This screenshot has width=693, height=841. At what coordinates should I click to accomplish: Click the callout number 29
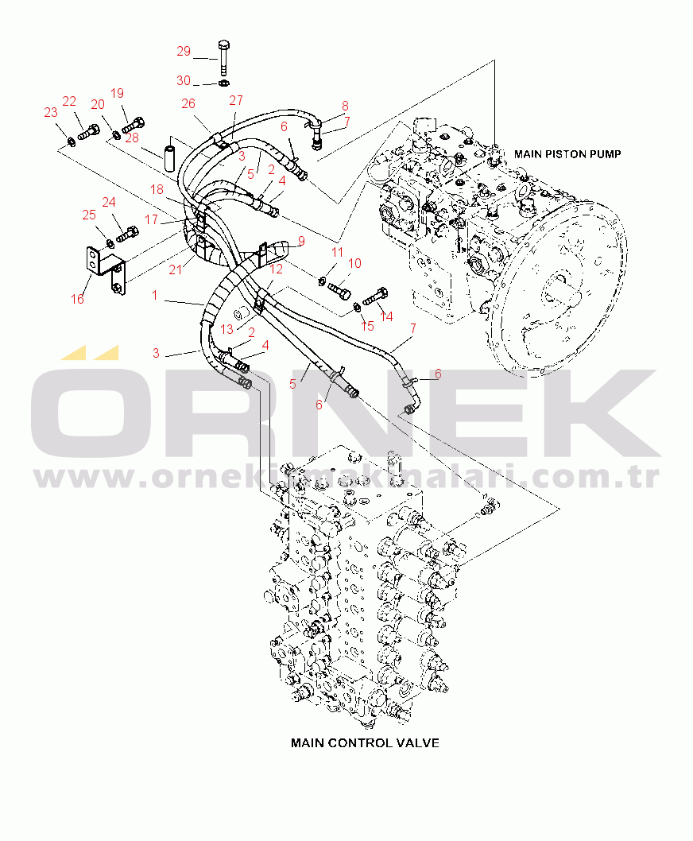pyautogui.click(x=184, y=51)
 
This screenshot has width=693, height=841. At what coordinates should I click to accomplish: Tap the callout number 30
pyautogui.click(x=184, y=80)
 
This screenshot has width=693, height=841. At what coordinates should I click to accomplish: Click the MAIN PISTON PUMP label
pyautogui.click(x=567, y=154)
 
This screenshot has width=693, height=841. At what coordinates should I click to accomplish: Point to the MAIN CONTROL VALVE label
pyautogui.click(x=365, y=743)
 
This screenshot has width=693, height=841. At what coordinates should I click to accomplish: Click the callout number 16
pyautogui.click(x=77, y=299)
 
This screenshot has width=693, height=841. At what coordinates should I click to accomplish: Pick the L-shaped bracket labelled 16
pyautogui.click(x=106, y=270)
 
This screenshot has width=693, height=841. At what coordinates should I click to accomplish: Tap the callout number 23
pyautogui.click(x=50, y=112)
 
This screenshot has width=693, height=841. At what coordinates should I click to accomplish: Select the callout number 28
pyautogui.click(x=131, y=138)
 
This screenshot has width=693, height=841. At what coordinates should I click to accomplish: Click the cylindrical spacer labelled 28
pyautogui.click(x=170, y=154)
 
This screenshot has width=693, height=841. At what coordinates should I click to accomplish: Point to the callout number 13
pyautogui.click(x=226, y=329)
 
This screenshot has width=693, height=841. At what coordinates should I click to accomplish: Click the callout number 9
pyautogui.click(x=301, y=242)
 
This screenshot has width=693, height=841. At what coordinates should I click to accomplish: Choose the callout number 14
pyautogui.click(x=386, y=316)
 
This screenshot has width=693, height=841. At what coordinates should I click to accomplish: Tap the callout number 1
pyautogui.click(x=154, y=295)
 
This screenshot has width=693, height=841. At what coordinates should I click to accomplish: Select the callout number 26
pyautogui.click(x=188, y=103)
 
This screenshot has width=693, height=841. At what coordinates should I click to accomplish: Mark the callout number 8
pyautogui.click(x=345, y=106)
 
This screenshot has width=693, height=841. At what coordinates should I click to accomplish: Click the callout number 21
pyautogui.click(x=176, y=269)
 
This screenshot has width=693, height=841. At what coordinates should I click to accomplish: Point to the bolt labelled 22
pyautogui.click(x=89, y=131)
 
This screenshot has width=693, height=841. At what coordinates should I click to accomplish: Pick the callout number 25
pyautogui.click(x=89, y=215)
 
